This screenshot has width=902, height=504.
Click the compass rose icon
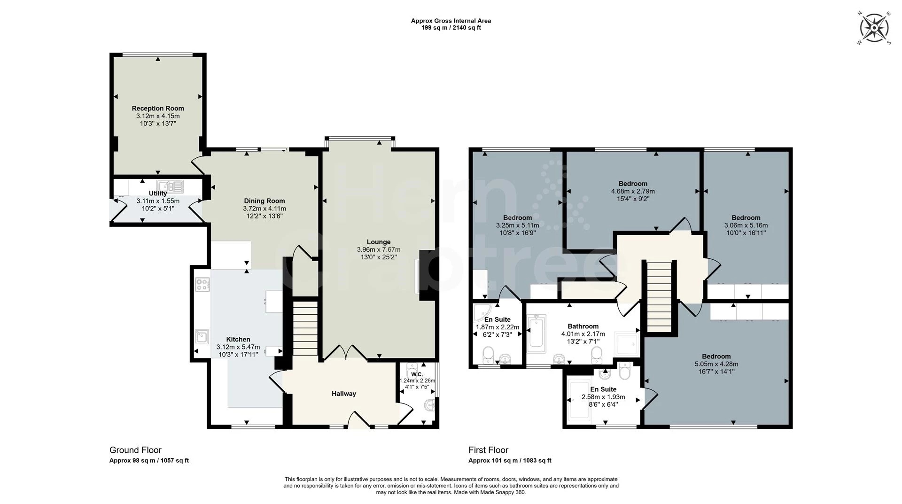tap(874, 29)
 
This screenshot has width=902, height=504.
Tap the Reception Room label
tap(158, 109)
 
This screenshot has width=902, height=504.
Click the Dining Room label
tap(264, 201)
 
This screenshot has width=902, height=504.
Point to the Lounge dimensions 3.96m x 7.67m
tap(378, 250)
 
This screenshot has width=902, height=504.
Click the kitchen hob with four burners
tap(202, 284)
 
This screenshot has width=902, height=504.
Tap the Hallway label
tap(343, 394)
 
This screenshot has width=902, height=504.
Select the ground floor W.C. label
tap(417, 374)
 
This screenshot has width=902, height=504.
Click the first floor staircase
tap(660, 296)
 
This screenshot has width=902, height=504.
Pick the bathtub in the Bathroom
tap(537, 334)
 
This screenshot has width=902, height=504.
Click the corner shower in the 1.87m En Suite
tap(482, 313)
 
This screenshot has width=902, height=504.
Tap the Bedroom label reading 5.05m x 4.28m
tap(716, 357)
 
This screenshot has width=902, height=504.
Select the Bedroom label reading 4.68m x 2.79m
tap(632, 184)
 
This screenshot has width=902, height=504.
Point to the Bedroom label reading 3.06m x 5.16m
tap(746, 218)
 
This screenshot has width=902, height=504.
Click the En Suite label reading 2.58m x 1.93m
tap(603, 389)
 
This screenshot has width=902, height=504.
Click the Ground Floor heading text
tap(135, 450)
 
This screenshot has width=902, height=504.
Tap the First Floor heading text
tap(488, 450)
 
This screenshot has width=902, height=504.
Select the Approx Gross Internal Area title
tap(451, 21)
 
